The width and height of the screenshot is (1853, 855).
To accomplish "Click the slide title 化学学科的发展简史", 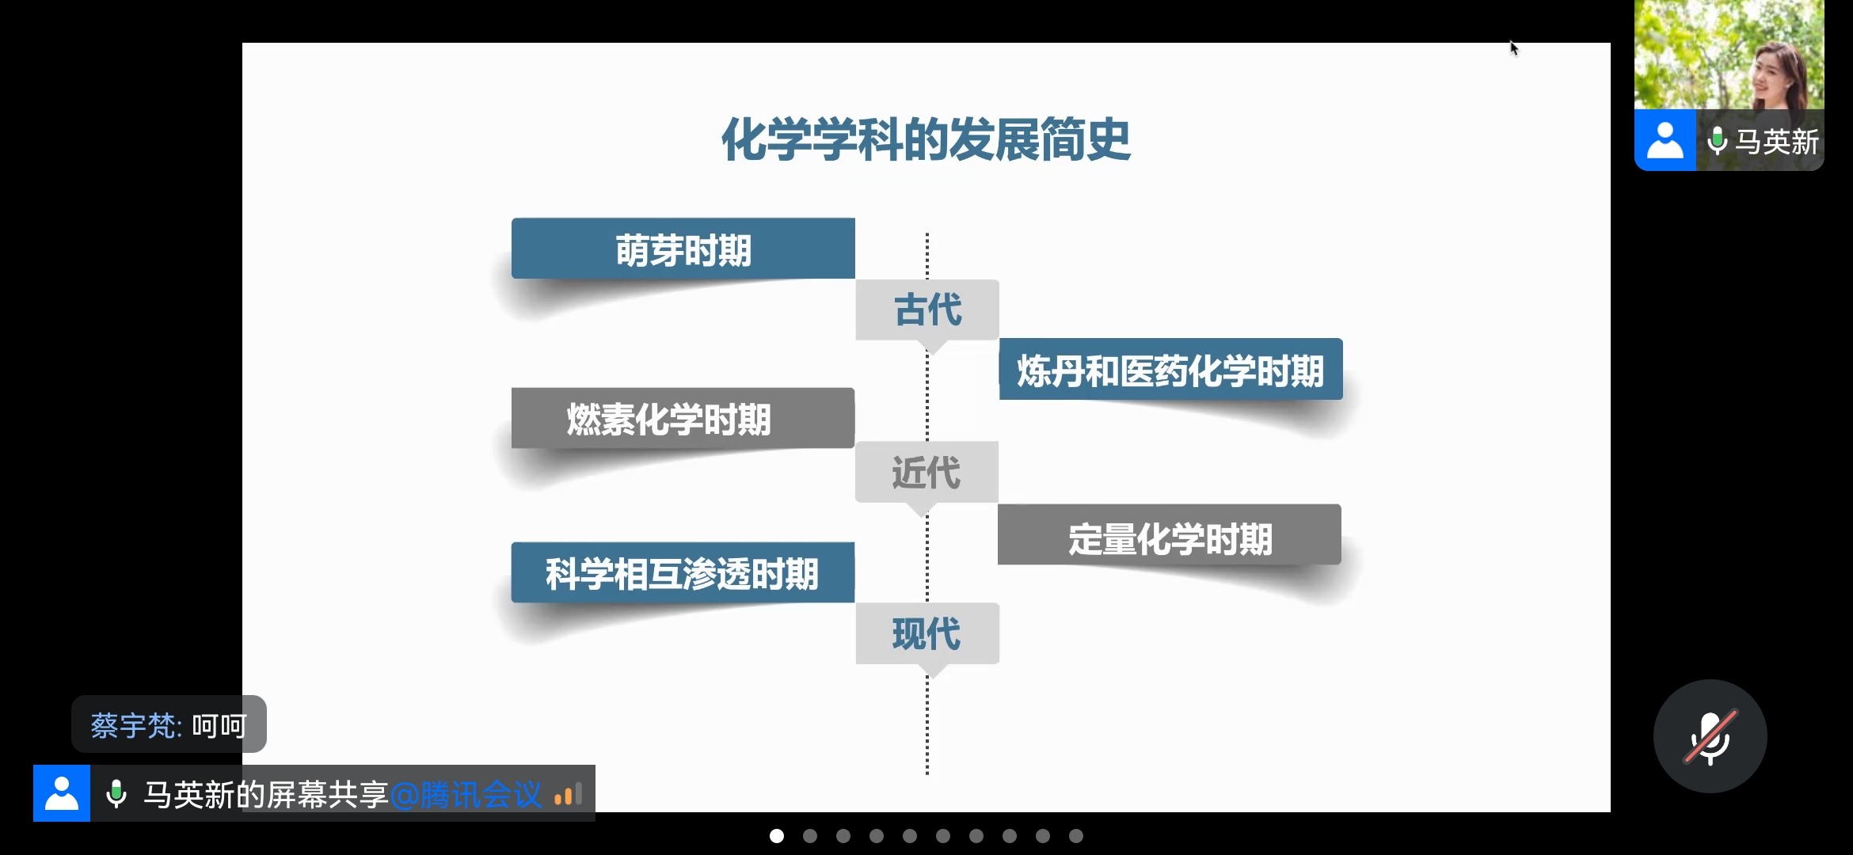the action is pyautogui.click(x=926, y=139).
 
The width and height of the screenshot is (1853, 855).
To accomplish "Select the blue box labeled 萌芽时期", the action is pyautogui.click(x=683, y=249).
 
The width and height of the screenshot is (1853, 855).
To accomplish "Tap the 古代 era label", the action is pyautogui.click(x=927, y=310).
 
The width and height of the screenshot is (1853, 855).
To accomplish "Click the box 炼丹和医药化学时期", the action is pyautogui.click(x=1170, y=369).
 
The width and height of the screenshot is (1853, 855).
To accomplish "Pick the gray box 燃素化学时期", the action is pyautogui.click(x=683, y=418).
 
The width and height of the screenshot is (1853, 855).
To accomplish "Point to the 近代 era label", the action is pyautogui.click(x=926, y=472).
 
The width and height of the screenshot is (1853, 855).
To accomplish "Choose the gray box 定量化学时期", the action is pyautogui.click(x=1170, y=534).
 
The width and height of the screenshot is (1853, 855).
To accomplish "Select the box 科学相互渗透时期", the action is pyautogui.click(x=683, y=572).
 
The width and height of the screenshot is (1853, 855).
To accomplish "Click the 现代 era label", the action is pyautogui.click(x=927, y=633).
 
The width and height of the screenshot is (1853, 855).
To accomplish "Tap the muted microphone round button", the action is pyautogui.click(x=1710, y=736).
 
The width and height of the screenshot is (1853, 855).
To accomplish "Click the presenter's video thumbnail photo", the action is pyautogui.click(x=1729, y=55).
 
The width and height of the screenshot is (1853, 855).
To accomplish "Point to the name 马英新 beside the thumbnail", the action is pyautogui.click(x=1777, y=142).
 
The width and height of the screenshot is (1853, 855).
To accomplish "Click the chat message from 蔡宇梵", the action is pyautogui.click(x=169, y=724).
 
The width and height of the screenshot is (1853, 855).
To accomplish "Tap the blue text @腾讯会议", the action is pyautogui.click(x=466, y=794).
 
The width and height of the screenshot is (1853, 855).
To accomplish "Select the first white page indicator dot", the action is pyautogui.click(x=777, y=836).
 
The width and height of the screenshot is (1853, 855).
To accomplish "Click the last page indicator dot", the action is pyautogui.click(x=1076, y=836).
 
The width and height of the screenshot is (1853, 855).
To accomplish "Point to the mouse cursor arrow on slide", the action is pyautogui.click(x=1514, y=48).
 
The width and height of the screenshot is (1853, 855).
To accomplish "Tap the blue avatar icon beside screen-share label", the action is pyautogui.click(x=62, y=793).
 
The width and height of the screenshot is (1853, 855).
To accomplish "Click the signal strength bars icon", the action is pyautogui.click(x=569, y=794).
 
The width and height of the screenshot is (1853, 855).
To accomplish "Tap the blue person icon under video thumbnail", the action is pyautogui.click(x=1665, y=140).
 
